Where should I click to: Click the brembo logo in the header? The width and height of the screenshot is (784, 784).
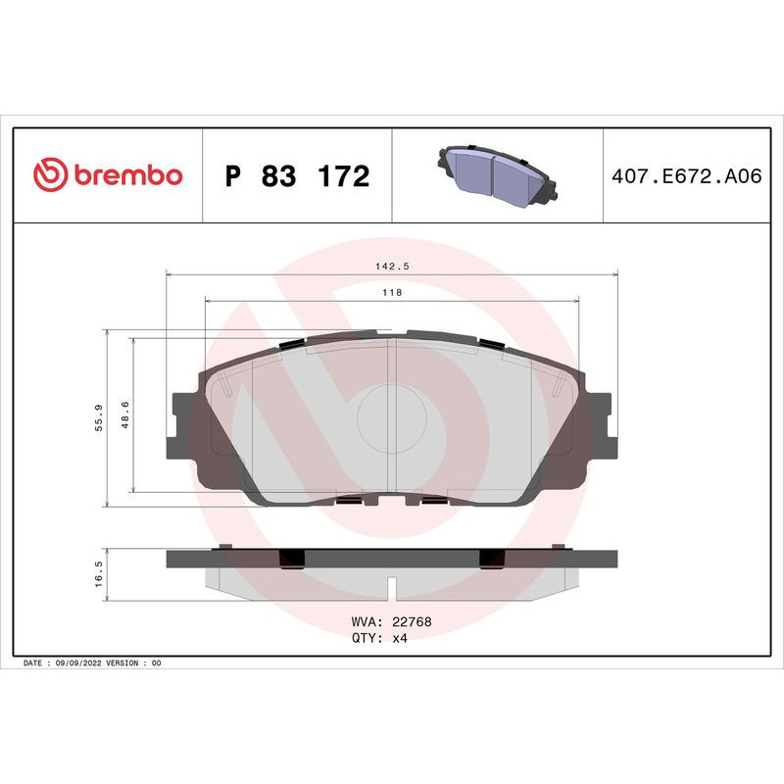coord(108,175)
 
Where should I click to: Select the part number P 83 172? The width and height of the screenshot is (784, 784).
coord(297,176)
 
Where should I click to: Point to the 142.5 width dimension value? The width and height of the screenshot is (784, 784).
coord(392,266)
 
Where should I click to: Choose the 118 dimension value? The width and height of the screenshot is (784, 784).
coord(392,292)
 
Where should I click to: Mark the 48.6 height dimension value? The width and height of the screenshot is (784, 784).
coord(124,416)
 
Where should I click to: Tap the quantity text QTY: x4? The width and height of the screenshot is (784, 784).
coord(379,638)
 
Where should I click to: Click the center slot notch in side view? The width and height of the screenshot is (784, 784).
coord(392,588)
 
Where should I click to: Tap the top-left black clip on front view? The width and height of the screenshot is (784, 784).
coord(292,343)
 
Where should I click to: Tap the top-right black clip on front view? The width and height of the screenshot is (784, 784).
coord(491,343)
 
